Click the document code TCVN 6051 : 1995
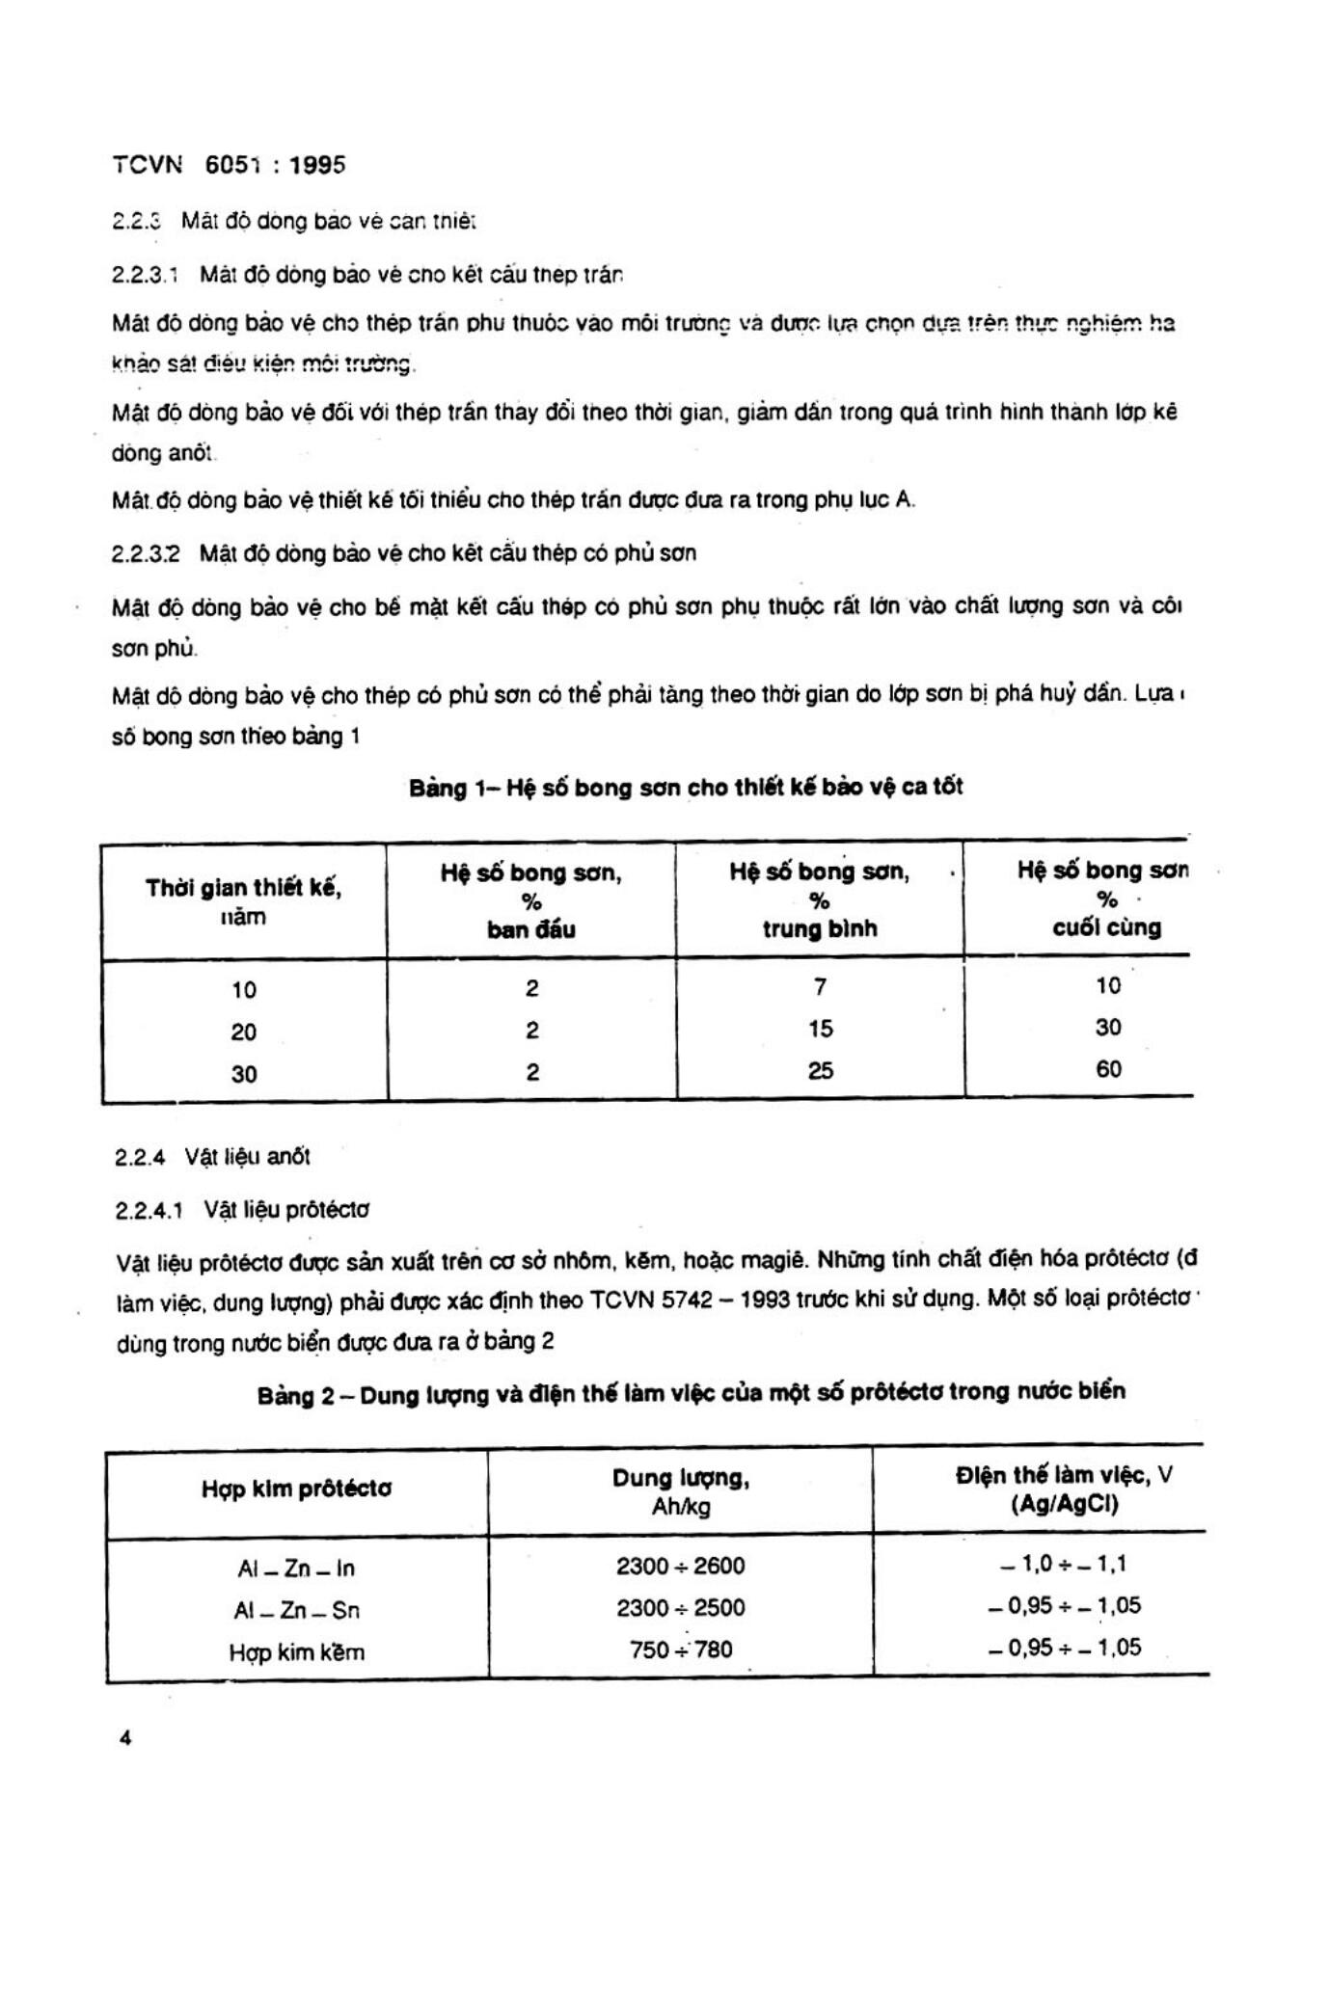229,165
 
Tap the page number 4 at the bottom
123,1738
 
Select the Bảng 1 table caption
686,788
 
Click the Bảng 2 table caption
691,1393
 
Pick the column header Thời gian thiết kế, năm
243,901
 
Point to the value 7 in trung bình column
820,986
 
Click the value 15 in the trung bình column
820,1029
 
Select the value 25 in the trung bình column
820,1071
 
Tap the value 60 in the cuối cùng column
1108,1069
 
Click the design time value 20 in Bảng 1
243,1032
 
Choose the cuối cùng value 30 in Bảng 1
1108,1028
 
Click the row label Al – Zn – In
296,1569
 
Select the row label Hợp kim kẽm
296,1652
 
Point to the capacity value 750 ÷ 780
681,1650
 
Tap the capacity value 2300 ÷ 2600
681,1566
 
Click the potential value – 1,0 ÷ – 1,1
1064,1563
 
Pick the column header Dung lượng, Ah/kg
681,1491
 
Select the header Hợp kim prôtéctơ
296,1489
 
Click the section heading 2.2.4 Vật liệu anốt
212,1157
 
